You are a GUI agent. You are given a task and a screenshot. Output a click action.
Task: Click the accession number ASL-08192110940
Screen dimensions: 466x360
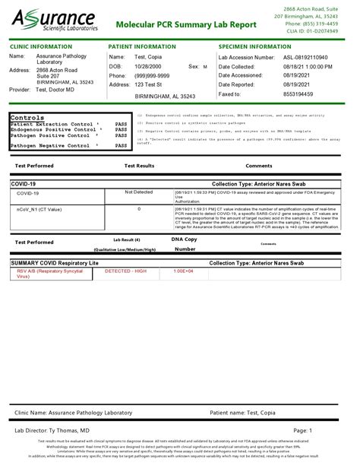(311, 57)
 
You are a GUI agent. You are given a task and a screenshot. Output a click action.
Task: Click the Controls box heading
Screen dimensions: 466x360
(29, 118)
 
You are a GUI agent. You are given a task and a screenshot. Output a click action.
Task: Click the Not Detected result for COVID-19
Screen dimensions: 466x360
(139, 193)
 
